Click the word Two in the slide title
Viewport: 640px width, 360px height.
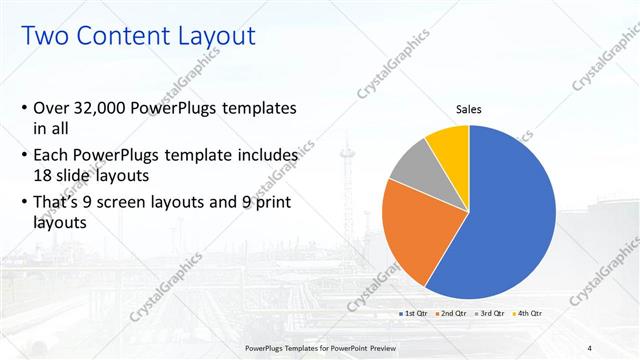(x=44, y=37)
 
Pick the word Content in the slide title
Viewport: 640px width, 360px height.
(x=121, y=37)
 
